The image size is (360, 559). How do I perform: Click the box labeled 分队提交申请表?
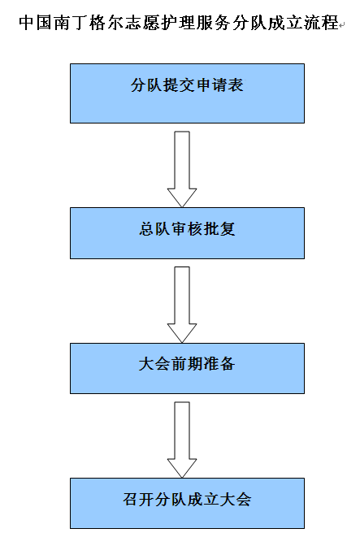point(187,93)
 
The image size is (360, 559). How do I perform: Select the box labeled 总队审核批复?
point(187,233)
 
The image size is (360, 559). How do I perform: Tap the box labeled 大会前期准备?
point(187,368)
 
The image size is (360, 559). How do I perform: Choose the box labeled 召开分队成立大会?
point(187,503)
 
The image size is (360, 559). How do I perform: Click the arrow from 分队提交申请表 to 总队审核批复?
point(182,169)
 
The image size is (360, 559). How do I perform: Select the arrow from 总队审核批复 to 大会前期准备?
point(182,305)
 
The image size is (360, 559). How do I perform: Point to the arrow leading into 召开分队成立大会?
point(182,440)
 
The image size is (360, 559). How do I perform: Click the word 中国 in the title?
point(35,23)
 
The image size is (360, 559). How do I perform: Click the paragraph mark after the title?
point(342,25)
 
